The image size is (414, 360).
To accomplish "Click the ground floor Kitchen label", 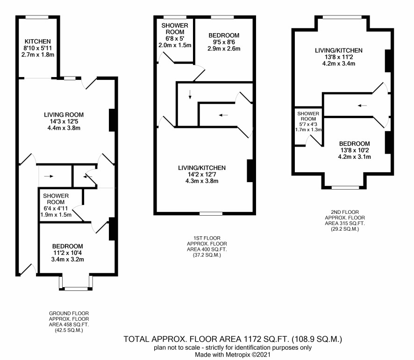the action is pos(37,42).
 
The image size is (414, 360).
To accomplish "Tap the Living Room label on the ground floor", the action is pos(64,115).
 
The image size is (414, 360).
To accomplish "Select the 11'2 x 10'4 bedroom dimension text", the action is pos(68,253).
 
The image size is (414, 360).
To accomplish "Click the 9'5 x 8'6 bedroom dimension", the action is pos(224,42).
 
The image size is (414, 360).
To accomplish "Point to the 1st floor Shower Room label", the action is pos(175,29).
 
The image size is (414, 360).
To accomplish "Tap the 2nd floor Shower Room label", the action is pos(308,116).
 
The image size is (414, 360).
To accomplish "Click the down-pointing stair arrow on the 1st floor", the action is pos(190,94).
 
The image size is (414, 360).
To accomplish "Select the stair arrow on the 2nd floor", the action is pos(362,106).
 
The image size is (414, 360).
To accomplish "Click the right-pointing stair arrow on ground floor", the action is pos(49,176).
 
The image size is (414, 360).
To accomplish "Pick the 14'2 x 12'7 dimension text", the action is pos(202,175).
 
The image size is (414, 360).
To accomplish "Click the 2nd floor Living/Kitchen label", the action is pos(338,50).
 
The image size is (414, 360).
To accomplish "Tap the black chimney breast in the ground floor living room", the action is pos(112,120).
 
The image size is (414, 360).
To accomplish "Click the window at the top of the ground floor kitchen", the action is pos(37,17).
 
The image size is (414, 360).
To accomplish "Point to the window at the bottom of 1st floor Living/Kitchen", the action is pos(211,213).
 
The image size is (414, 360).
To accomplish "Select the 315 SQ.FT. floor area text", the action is pos(345,223).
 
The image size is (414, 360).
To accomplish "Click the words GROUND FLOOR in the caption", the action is pos(69,313).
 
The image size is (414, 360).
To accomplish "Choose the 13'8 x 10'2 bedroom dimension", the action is pos(354,150).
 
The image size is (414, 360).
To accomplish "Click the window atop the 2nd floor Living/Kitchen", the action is pos(342,17).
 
